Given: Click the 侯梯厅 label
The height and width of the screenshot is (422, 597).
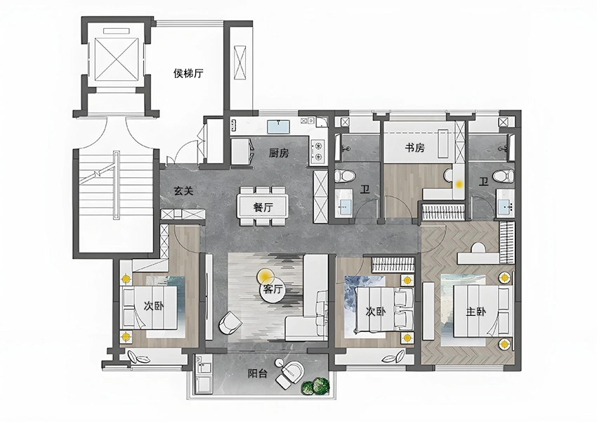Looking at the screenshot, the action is pyautogui.click(x=188, y=73).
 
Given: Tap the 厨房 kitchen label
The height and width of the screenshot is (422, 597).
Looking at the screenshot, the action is pyautogui.click(x=279, y=153).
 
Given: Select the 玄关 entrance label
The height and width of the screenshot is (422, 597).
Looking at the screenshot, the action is pyautogui.click(x=183, y=191).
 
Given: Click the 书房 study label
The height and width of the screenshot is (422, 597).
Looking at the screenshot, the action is pyautogui.click(x=414, y=148).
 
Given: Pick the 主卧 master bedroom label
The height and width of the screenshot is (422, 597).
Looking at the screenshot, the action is pyautogui.click(x=475, y=312).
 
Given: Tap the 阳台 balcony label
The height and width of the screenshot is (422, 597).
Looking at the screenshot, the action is pyautogui.click(x=257, y=373).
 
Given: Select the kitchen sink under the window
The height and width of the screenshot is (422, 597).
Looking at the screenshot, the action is pyautogui.click(x=279, y=127).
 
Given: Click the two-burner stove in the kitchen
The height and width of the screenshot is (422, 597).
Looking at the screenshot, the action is pyautogui.click(x=317, y=151).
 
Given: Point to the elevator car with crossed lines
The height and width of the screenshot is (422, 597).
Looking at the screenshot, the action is pyautogui.click(x=115, y=59).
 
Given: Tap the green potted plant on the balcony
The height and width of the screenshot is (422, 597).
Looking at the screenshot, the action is pyautogui.click(x=315, y=386).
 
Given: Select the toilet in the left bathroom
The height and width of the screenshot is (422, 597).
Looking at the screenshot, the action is pyautogui.click(x=345, y=176).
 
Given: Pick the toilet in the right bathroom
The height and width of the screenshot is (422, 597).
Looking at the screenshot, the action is pyautogui.click(x=504, y=176).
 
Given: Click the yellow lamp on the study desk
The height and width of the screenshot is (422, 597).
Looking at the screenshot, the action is pyautogui.click(x=459, y=184).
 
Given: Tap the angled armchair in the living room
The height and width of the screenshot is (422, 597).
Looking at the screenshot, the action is pyautogui.click(x=230, y=324).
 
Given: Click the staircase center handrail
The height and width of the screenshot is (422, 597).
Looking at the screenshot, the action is pyautogui.click(x=116, y=185).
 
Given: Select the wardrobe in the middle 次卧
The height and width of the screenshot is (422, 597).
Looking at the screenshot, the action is pyautogui.click(x=393, y=264).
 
